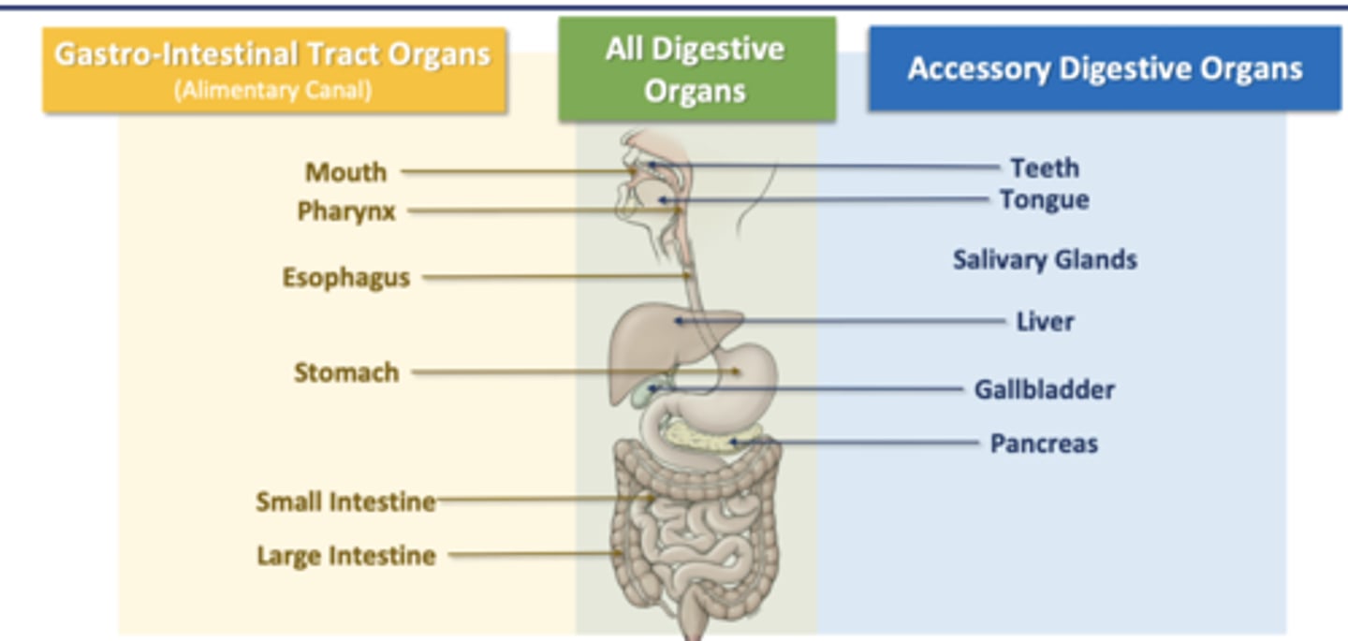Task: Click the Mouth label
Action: pos(345,172)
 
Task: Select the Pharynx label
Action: pos(346,211)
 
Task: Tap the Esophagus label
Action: pos(346,278)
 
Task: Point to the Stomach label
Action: pos(346,372)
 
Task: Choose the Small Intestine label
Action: pos(345,502)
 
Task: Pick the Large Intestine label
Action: pos(346,556)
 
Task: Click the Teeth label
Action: pos(1044,168)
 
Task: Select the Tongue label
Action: pos(1044,199)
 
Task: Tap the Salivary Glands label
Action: pos(1045,259)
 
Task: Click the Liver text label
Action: pos(1045,321)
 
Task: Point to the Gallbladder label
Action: pos(1044,389)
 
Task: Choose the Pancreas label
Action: pos(1044,443)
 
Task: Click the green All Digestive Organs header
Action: pos(696,69)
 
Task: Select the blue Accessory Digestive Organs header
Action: pos(1105,69)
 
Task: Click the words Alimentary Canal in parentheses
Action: pos(273,91)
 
